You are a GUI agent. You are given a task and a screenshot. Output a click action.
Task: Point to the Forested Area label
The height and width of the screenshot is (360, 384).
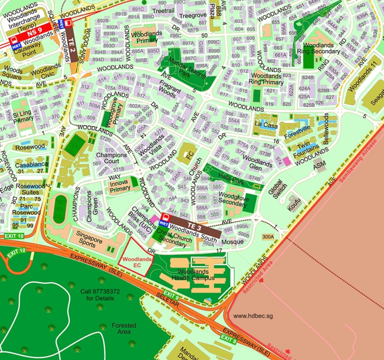coord(124,329)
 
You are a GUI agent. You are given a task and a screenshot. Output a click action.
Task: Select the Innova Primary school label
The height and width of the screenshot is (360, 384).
coord(120,185)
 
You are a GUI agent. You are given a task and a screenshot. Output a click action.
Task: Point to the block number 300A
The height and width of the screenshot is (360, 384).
coord(268,237)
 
